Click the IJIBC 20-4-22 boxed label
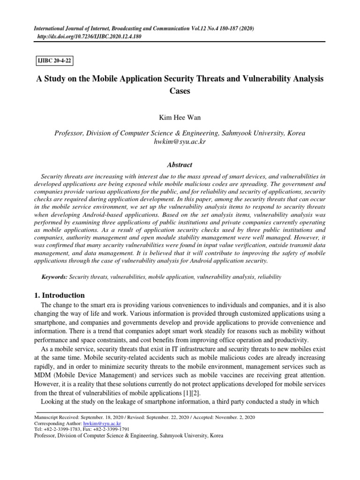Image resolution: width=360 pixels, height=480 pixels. coord(55,60)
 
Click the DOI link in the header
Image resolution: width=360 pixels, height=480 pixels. coord(89,36)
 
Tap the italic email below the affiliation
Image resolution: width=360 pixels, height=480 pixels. coord(180,142)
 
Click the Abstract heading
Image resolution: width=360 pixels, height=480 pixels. coord(180,165)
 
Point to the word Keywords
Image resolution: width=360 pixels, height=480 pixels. coord(54,277)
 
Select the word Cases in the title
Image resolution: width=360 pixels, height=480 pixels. coord(180,91)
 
